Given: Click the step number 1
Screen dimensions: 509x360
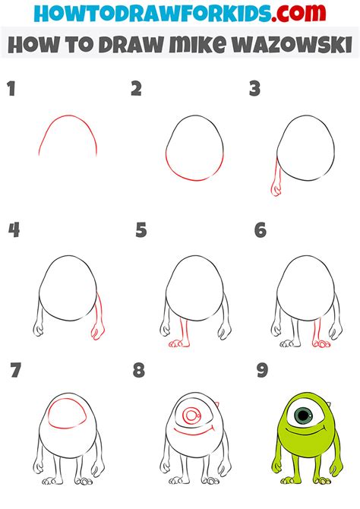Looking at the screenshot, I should (x=11, y=90).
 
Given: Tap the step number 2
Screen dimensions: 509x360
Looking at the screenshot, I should (x=137, y=90).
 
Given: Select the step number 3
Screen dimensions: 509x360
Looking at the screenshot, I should (x=255, y=90).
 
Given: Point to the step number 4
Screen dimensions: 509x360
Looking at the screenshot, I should (x=13, y=230).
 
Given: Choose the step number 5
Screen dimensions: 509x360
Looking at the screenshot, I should (x=141, y=230).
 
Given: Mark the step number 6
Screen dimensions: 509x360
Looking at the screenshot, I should (x=260, y=230).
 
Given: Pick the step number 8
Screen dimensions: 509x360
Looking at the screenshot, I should (x=139, y=371).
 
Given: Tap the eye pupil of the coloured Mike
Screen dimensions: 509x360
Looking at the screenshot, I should (x=305, y=415).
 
